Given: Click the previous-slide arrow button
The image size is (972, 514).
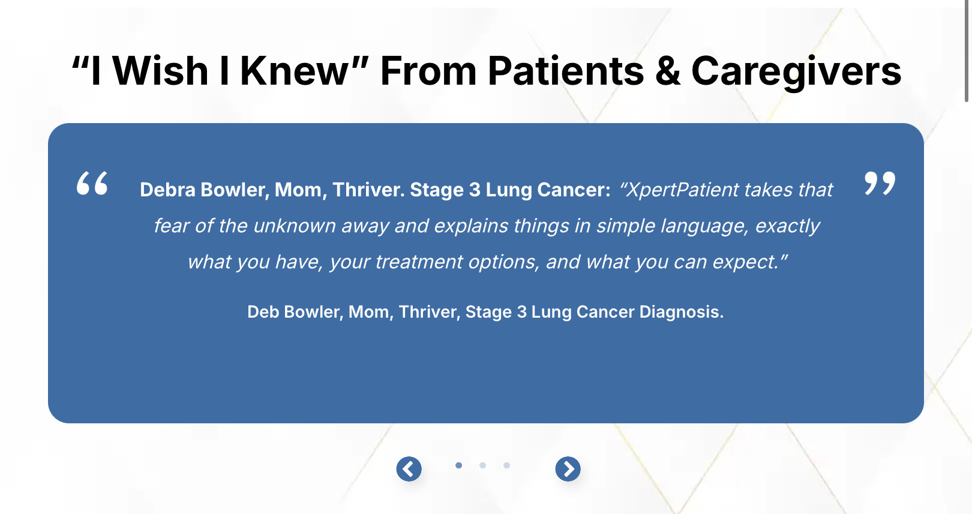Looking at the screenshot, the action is [409, 469].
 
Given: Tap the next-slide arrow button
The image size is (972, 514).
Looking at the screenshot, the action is [568, 469].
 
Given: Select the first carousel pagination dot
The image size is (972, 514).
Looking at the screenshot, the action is [458, 465].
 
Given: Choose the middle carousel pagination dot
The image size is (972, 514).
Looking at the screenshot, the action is [482, 465].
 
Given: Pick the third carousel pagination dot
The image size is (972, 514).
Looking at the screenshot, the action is [506, 465].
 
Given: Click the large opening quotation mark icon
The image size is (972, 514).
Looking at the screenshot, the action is [92, 183].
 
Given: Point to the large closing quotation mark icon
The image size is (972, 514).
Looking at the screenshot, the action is [880, 183].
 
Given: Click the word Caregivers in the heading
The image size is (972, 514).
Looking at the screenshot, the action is [796, 71].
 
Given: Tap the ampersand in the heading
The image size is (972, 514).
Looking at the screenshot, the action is [667, 71].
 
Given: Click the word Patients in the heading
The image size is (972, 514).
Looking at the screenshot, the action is [566, 71].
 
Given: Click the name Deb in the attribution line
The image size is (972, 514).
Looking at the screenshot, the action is [263, 312].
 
